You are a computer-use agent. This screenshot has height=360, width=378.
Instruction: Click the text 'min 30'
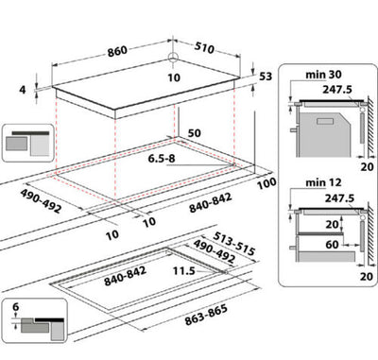[x=319, y=73]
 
